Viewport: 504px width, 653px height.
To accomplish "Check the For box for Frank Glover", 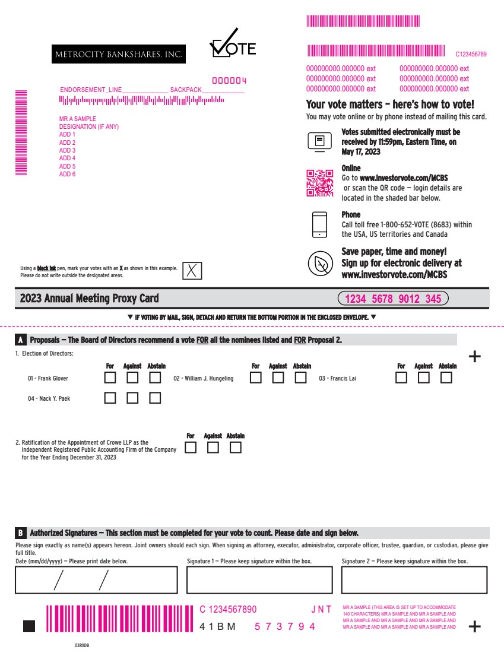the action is coord(110,378).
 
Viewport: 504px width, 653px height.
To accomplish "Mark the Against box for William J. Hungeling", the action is coord(278,378).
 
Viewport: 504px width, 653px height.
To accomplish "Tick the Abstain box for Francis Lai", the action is coord(446,378).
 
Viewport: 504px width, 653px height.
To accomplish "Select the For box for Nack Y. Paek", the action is coord(110,398).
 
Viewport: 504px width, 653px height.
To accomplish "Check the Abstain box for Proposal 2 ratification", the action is coord(235,447).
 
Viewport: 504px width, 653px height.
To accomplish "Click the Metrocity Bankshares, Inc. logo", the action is coord(119,54).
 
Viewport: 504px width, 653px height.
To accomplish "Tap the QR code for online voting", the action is coord(320,183).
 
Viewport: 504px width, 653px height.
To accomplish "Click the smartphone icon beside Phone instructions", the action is coord(320,225).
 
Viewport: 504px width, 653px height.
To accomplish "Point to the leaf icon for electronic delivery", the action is coord(321,264).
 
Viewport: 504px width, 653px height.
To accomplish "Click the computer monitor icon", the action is coord(319,142).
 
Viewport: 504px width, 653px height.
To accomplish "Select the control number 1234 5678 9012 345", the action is coord(393,299).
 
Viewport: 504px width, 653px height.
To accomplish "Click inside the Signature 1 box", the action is coord(259,580).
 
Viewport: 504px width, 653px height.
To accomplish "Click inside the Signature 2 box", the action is coord(414,580).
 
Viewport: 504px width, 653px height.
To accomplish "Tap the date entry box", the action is coord(96,580).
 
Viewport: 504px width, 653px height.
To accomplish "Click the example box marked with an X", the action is coord(192,271).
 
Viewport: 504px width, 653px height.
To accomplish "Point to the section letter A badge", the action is coord(20,340).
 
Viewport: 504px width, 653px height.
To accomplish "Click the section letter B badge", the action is coord(20,533).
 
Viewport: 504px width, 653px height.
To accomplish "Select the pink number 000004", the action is coord(229,80).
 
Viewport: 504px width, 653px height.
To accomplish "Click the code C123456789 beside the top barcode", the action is coord(471,54).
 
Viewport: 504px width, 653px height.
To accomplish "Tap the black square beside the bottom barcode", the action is coord(29,626).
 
